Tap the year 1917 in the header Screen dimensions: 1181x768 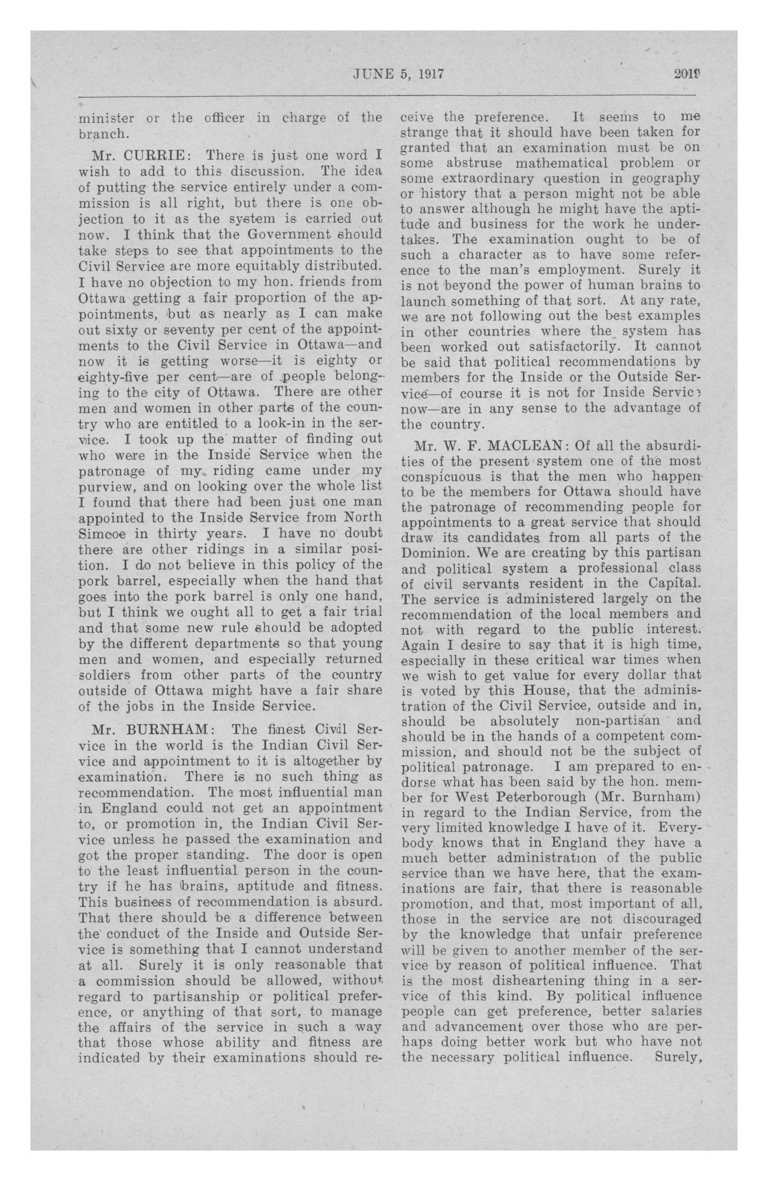click(x=429, y=74)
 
